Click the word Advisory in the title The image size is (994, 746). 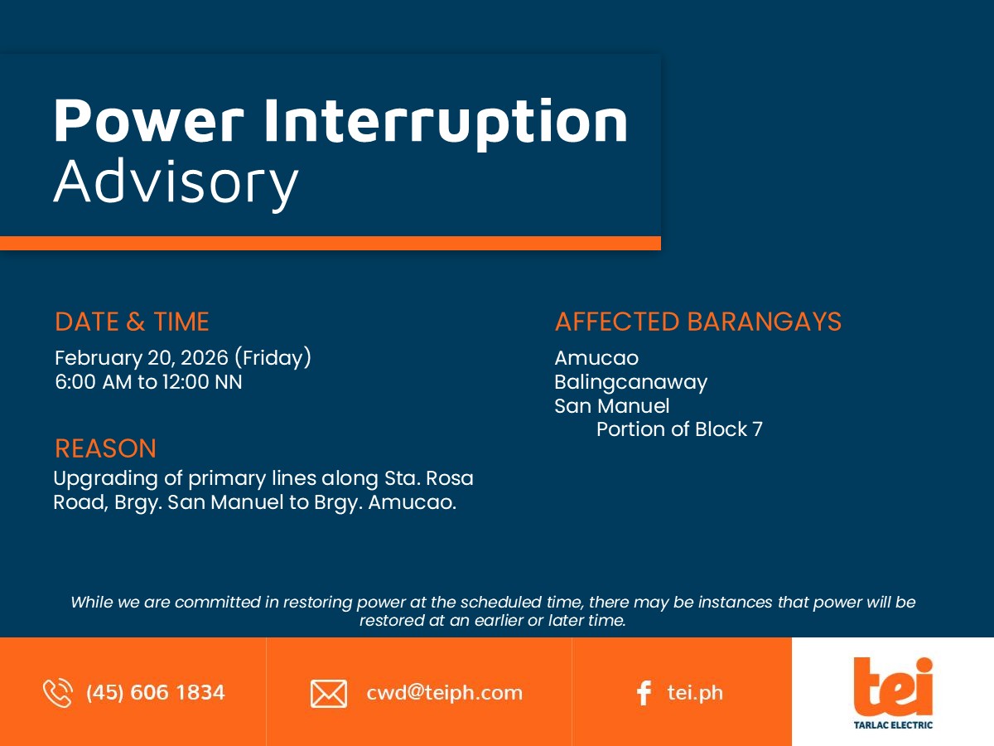pos(176,183)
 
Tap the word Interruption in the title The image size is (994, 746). pos(446,124)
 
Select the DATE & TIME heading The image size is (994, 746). pos(132,322)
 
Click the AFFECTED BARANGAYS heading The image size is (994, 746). pos(697,322)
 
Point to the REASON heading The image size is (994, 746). pos(105,448)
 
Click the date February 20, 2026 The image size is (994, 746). pos(142,358)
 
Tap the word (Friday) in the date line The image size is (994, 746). pos(273,358)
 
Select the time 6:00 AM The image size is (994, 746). pos(94,382)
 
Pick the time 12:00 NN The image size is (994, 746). pos(202,382)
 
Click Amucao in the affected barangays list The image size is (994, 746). pos(596,358)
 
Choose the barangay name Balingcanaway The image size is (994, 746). pos(631,383)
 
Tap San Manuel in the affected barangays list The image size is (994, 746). pos(612,406)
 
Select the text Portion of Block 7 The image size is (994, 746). pos(679,429)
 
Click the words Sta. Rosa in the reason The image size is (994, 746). pos(428,478)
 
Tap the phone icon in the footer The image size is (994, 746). pos(57,693)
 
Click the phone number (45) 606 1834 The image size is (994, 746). pos(156,693)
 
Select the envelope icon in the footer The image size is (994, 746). pos(329,694)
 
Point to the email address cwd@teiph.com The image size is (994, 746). pos(444,693)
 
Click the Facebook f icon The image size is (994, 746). pos(644,693)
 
